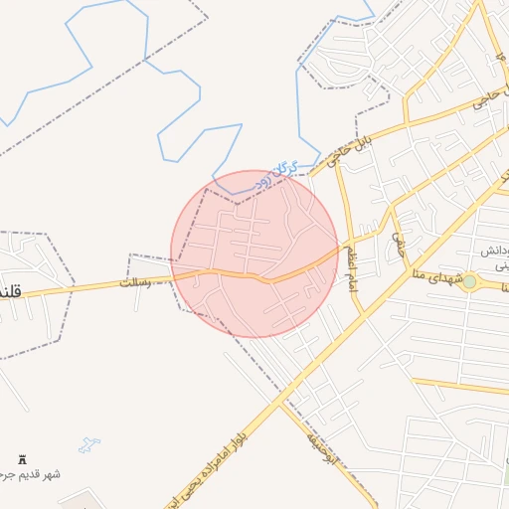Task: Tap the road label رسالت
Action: click(138, 282)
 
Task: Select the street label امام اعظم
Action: click(350, 265)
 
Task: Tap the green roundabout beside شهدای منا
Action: click(469, 282)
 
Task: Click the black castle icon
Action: click(22, 460)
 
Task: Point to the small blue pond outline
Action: click(90, 443)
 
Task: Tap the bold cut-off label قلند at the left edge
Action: click(10, 294)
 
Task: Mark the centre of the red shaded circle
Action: click(254, 254)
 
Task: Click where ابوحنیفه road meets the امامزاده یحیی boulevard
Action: click(283, 403)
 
